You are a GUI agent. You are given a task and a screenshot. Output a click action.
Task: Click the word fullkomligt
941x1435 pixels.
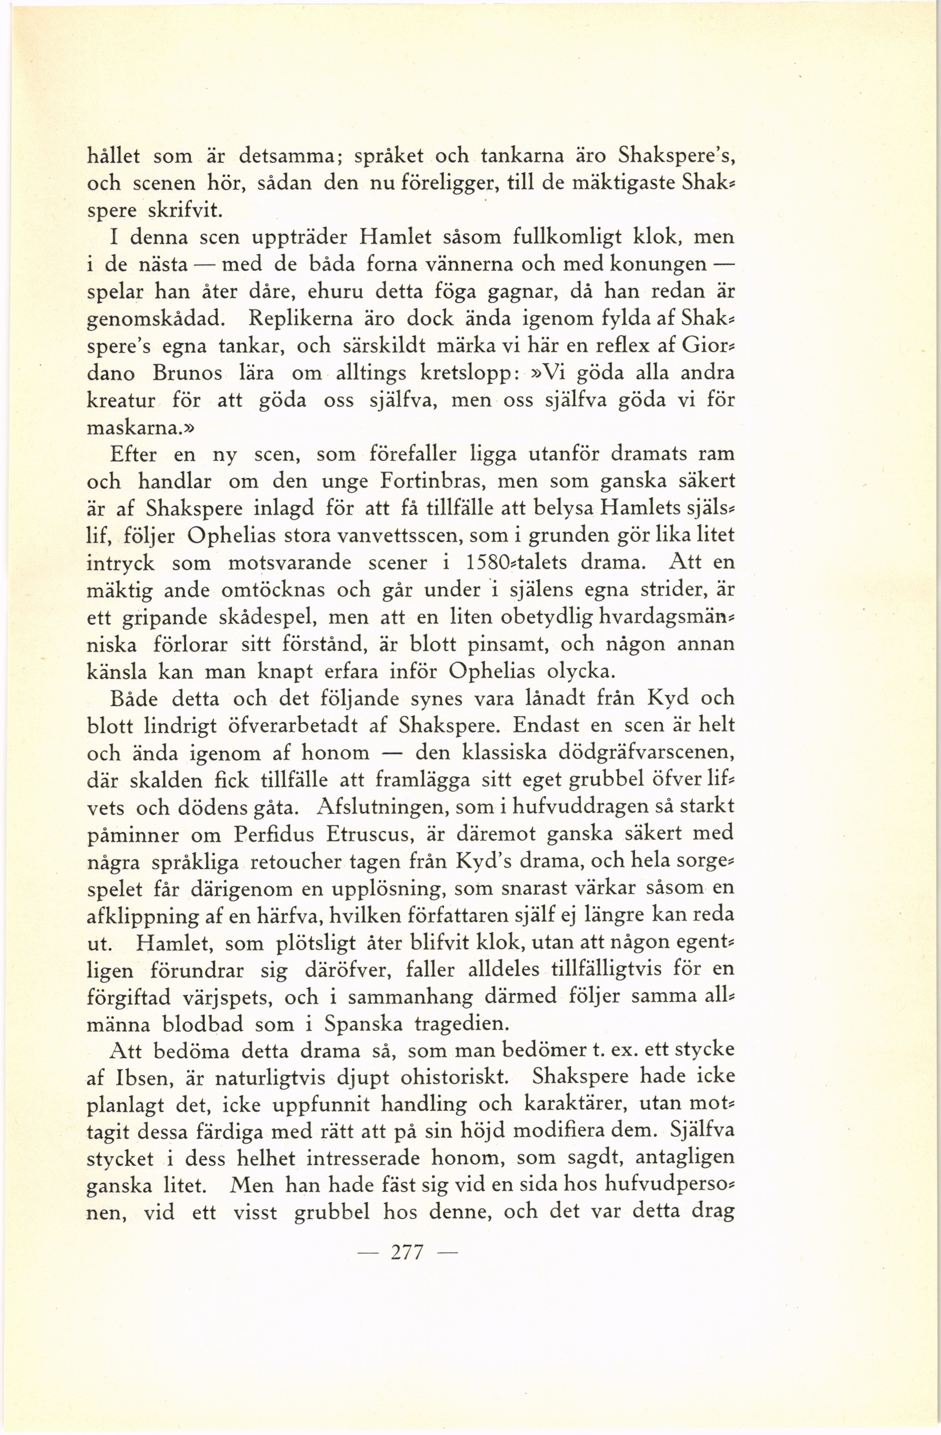point(567,237)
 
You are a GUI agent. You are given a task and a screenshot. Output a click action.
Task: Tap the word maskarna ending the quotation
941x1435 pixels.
point(135,427)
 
